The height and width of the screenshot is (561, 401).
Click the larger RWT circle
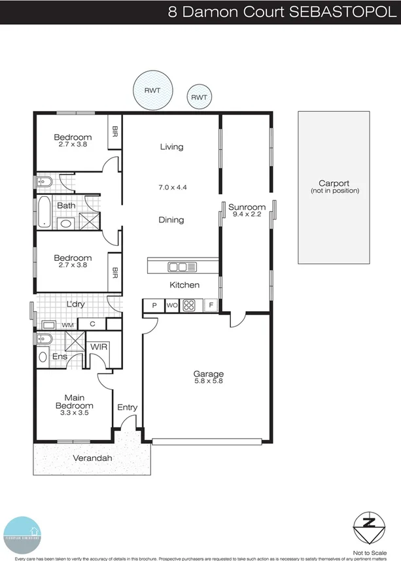tap(154, 90)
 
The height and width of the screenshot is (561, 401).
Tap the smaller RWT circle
tap(198, 97)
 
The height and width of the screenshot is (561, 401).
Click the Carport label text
tap(334, 184)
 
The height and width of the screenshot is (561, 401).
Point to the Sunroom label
tap(247, 207)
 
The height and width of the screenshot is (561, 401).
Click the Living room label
tap(171, 147)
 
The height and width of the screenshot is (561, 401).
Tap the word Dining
tap(171, 220)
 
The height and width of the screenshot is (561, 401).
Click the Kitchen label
tap(184, 285)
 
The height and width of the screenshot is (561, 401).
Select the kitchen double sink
tap(181, 266)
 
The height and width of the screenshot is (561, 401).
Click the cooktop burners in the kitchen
tap(190, 305)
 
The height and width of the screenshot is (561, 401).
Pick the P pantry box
tap(154, 305)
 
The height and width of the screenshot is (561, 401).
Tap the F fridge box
tap(211, 305)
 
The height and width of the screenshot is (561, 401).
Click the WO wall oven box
tap(172, 305)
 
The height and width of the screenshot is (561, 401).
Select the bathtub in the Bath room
tap(44, 211)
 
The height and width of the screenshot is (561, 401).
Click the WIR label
tap(99, 346)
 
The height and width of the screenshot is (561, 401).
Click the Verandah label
tap(92, 458)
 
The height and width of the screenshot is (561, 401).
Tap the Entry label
tap(127, 408)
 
